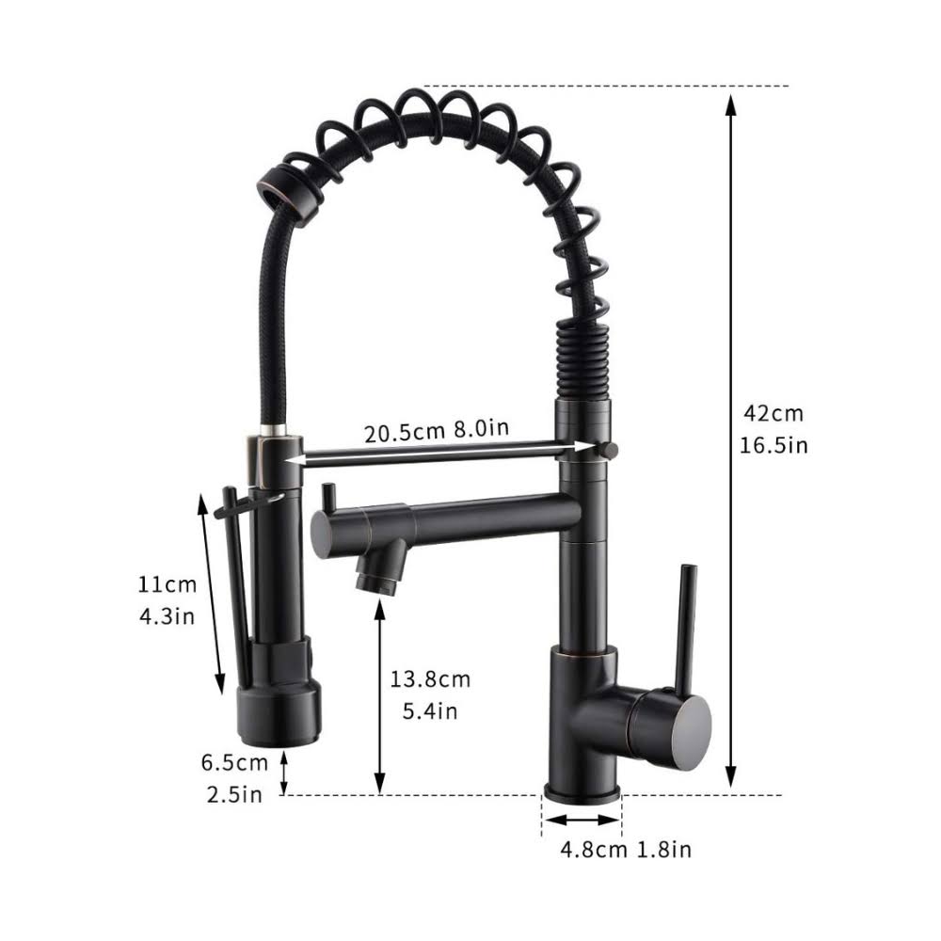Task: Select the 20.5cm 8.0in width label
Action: pyautogui.click(x=438, y=431)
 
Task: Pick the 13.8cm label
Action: pyautogui.click(x=431, y=678)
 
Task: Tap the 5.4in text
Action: pyautogui.click(x=430, y=711)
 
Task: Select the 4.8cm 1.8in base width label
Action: pyautogui.click(x=626, y=850)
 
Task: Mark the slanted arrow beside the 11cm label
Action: pyautogui.click(x=213, y=593)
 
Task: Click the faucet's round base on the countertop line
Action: pyautogui.click(x=582, y=789)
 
